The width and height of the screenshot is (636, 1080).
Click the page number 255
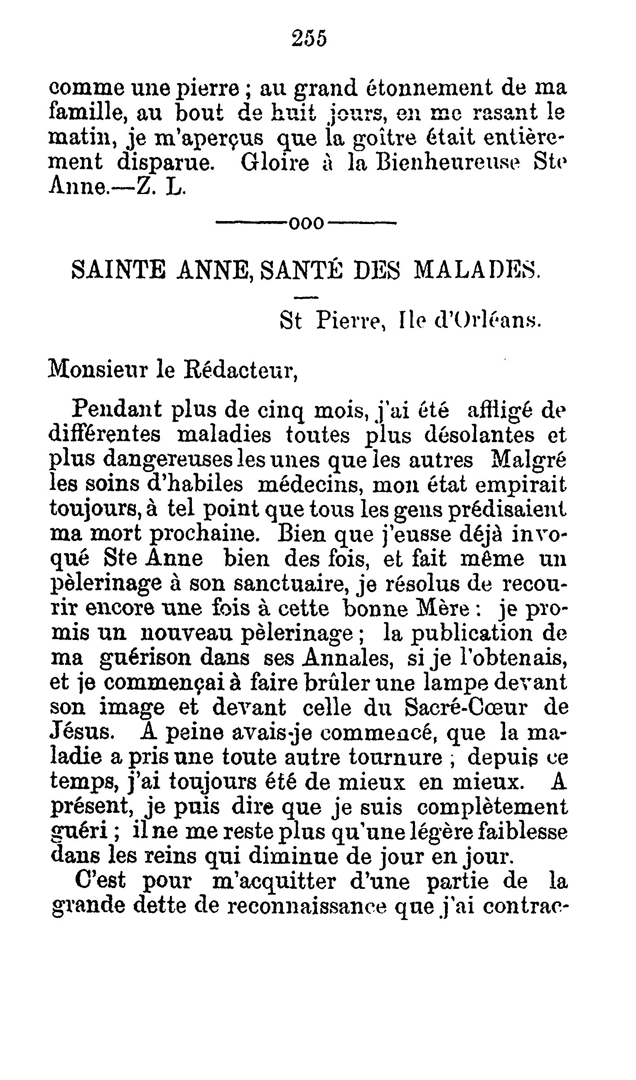pos(309,38)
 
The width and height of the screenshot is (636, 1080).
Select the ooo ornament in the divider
pos(307,223)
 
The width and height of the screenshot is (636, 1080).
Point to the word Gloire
pos(275,163)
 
